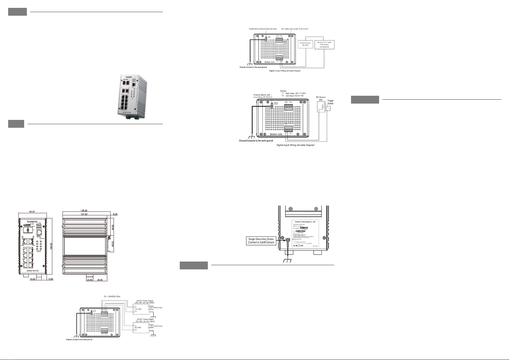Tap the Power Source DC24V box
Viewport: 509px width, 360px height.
coord(305,45)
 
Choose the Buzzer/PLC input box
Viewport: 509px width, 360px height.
coord(324,45)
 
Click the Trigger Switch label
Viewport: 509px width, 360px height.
coord(330,102)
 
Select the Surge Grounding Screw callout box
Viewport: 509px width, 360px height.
coord(261,241)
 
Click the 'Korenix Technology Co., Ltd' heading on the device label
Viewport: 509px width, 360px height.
coord(305,222)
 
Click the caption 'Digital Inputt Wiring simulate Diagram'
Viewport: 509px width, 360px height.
coord(296,145)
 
